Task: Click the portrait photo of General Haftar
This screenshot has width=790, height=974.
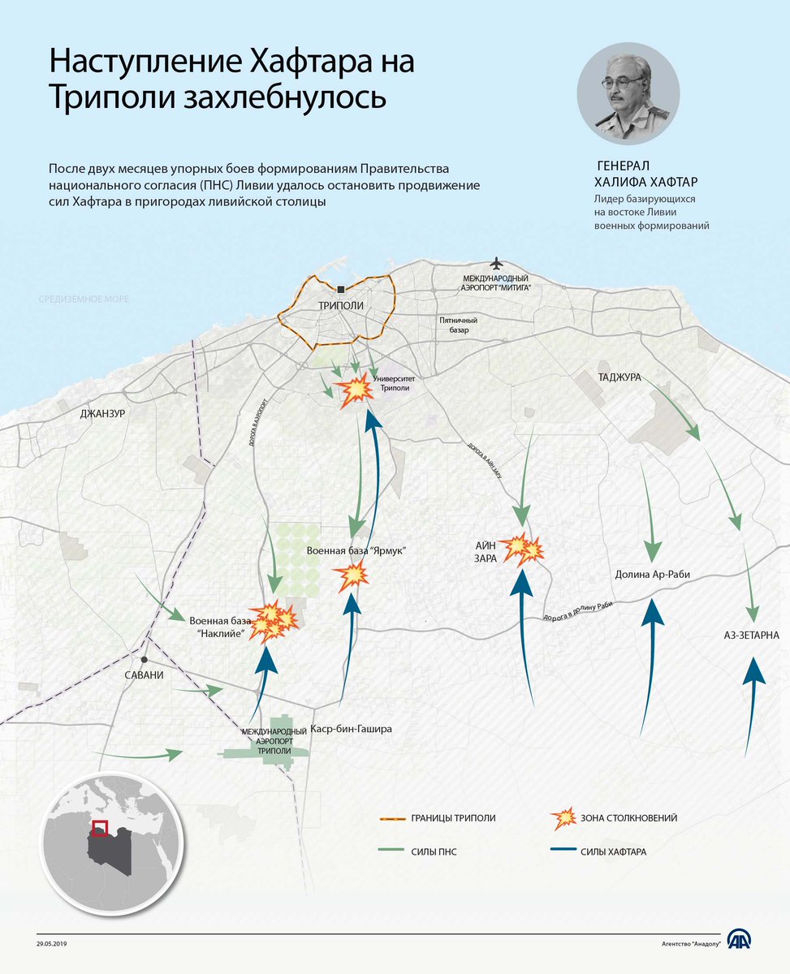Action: [x=628, y=94]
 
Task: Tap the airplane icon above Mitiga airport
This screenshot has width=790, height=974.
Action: [x=497, y=264]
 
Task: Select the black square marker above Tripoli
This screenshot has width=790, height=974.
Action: [x=341, y=288]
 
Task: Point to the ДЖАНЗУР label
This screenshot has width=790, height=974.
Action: [x=102, y=413]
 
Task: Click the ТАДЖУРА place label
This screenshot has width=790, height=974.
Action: [x=619, y=378]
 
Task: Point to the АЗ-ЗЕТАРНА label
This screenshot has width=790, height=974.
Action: [x=753, y=634]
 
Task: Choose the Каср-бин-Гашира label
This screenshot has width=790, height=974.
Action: [x=352, y=729]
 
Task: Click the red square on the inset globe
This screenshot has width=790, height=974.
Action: [x=100, y=828]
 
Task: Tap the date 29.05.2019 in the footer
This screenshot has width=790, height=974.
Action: [x=53, y=944]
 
